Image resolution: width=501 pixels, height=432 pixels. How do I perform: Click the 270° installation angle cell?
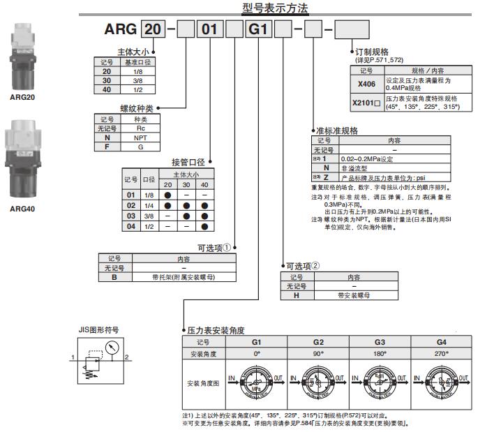point(441,354)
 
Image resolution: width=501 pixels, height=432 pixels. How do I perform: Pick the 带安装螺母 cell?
point(356,295)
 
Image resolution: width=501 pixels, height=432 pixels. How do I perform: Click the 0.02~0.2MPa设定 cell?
point(381,158)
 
